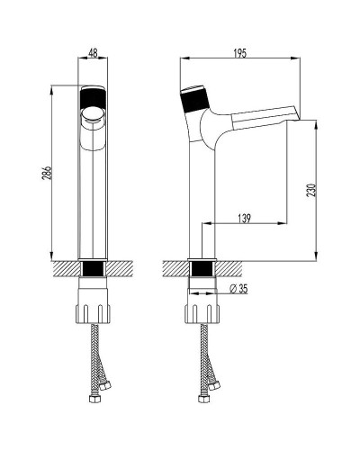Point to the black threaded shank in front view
(93, 268)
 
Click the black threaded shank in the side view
(202, 268)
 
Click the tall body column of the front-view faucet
(93, 198)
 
